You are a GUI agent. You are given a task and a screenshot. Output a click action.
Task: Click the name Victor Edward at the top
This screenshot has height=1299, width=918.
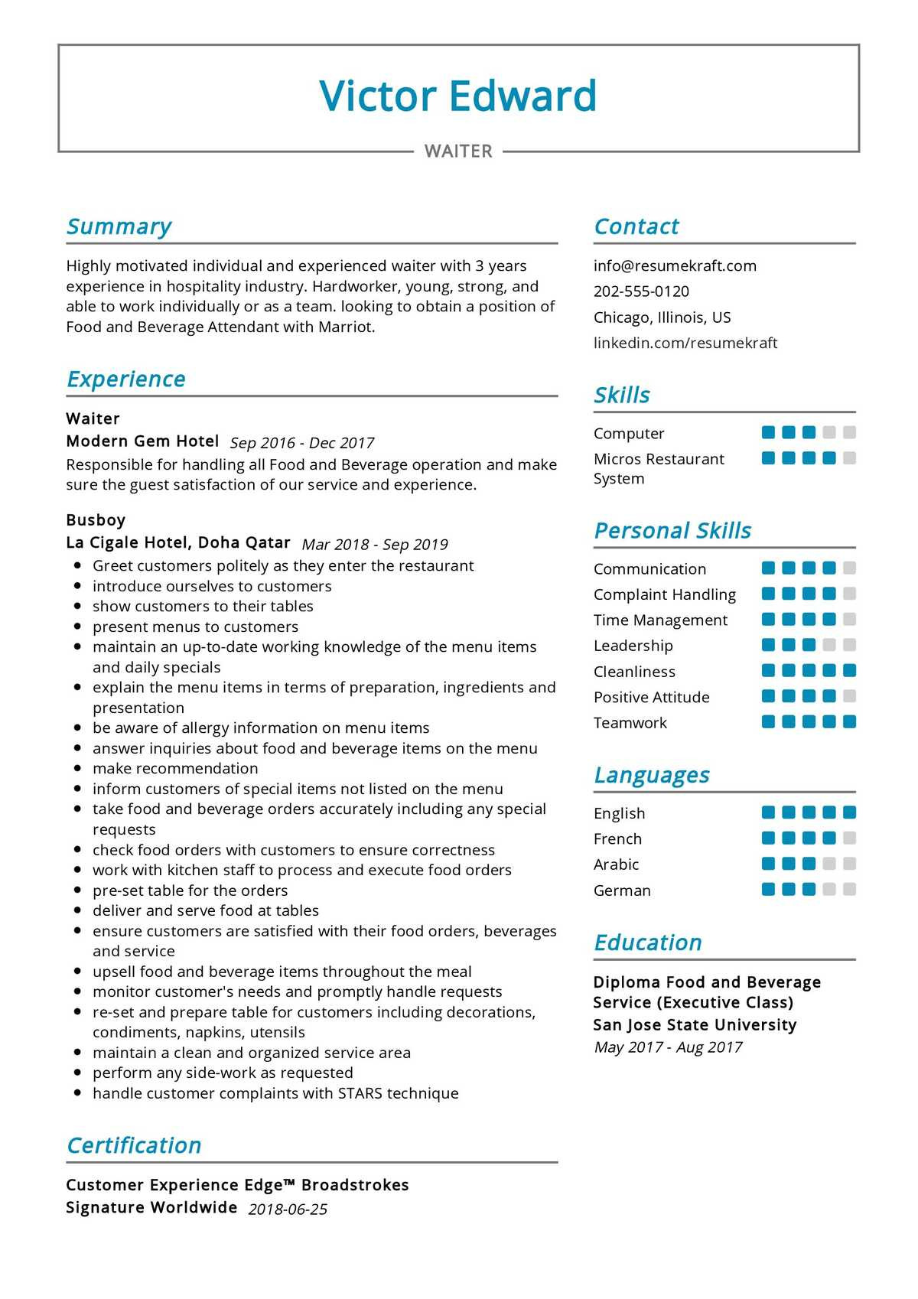(457, 96)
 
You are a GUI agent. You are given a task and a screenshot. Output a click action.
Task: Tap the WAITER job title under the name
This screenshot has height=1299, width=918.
(458, 151)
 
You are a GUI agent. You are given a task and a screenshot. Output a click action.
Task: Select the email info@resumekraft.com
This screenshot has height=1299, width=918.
(675, 266)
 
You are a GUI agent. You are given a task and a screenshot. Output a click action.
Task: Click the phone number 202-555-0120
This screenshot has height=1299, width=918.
(641, 291)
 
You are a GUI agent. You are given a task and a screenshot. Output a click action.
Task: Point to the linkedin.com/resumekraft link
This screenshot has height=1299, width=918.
(685, 343)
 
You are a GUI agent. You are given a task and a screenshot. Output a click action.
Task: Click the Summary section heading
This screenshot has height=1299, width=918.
(119, 226)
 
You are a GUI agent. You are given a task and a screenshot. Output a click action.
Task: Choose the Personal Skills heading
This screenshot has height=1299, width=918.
(672, 531)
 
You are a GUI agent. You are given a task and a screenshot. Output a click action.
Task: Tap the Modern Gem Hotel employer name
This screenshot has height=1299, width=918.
(142, 441)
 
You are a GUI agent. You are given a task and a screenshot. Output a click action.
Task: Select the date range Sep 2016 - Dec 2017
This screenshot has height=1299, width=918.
(301, 443)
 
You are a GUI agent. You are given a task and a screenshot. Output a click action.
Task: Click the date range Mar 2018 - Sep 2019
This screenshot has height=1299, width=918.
(375, 545)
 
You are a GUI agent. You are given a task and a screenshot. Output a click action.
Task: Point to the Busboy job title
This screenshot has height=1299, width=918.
(96, 520)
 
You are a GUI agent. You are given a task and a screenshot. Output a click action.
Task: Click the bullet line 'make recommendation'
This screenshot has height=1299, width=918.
(175, 768)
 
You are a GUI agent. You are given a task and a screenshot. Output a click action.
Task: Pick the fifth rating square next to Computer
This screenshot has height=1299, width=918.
(849, 433)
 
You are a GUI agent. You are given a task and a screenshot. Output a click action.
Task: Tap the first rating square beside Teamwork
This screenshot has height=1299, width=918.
(769, 721)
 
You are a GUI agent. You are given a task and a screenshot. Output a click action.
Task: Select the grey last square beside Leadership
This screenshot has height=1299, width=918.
(849, 645)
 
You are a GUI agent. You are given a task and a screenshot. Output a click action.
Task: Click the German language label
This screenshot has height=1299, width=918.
(622, 890)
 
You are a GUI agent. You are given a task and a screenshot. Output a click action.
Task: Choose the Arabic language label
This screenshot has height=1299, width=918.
(616, 864)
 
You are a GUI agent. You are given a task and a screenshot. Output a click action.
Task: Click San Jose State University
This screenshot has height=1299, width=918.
(695, 1025)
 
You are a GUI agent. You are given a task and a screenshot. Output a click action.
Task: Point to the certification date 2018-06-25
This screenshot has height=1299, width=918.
(288, 1209)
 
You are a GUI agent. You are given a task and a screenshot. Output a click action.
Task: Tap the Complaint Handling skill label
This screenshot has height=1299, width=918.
(664, 594)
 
